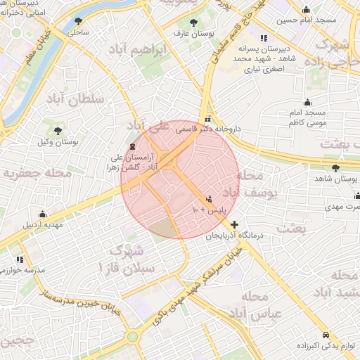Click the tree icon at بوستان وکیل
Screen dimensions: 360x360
pos(58,131)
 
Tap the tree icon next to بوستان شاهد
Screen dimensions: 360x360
pos(335,167)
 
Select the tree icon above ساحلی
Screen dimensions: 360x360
pos(76,22)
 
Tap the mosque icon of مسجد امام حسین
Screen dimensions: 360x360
pos(307,10)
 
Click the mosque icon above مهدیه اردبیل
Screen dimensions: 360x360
pos(43,214)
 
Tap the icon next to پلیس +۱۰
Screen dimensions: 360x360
pos(209,199)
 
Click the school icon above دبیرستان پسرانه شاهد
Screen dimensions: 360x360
pos(263,38)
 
